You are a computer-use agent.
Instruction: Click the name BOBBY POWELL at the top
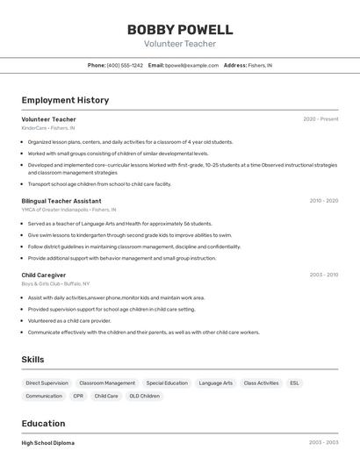click(180, 30)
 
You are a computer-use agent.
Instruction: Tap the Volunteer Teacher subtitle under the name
click(180, 44)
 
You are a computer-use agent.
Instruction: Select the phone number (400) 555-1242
click(124, 65)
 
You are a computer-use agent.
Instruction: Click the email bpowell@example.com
click(191, 65)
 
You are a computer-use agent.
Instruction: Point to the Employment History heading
click(65, 100)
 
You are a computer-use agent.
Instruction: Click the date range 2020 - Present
click(320, 118)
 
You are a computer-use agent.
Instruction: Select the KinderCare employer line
click(48, 128)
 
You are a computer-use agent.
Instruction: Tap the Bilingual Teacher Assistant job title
click(61, 201)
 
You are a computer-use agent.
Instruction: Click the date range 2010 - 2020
click(323, 201)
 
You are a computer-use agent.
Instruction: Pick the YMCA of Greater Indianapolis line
click(68, 211)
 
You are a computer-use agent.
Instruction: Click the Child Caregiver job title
click(44, 275)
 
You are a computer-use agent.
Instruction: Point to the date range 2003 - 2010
click(323, 275)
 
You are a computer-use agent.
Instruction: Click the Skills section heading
click(32, 359)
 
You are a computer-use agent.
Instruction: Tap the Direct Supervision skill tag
click(47, 383)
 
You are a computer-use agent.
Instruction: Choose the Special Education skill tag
click(167, 383)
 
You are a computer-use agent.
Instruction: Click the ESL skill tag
click(294, 383)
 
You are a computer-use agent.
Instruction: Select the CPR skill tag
click(78, 396)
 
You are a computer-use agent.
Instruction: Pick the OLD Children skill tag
click(145, 396)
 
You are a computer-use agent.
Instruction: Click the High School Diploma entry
click(48, 443)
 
